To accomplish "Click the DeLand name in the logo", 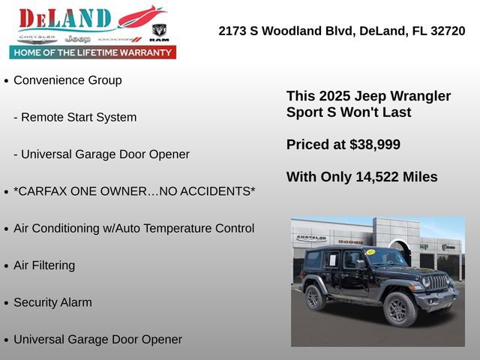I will tap(65, 19).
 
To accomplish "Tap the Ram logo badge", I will tap(159, 31).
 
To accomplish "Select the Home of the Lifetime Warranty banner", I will tap(93, 52).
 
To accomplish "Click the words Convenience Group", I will tap(67, 80).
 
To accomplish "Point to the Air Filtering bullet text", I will tap(44, 265).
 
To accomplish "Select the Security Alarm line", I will tap(52, 302).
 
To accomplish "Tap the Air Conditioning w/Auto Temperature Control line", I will tap(133, 228).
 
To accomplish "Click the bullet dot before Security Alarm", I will tap(7, 304).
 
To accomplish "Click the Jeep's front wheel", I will tap(397, 309).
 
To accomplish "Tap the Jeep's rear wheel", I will tap(315, 297).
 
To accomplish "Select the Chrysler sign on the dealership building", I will tap(310, 238).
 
